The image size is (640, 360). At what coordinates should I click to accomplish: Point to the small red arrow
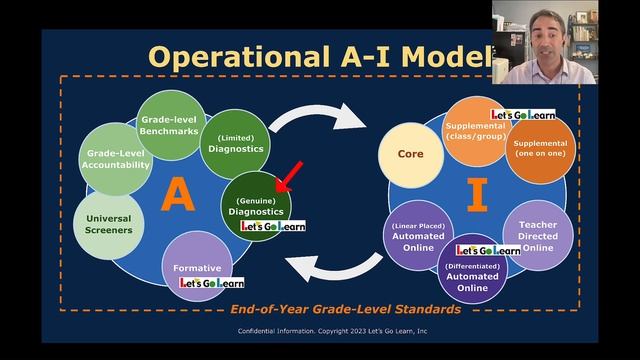[289, 177]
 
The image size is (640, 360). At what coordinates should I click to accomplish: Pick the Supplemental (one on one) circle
[538, 152]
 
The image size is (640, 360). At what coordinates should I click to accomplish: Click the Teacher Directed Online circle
[536, 234]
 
